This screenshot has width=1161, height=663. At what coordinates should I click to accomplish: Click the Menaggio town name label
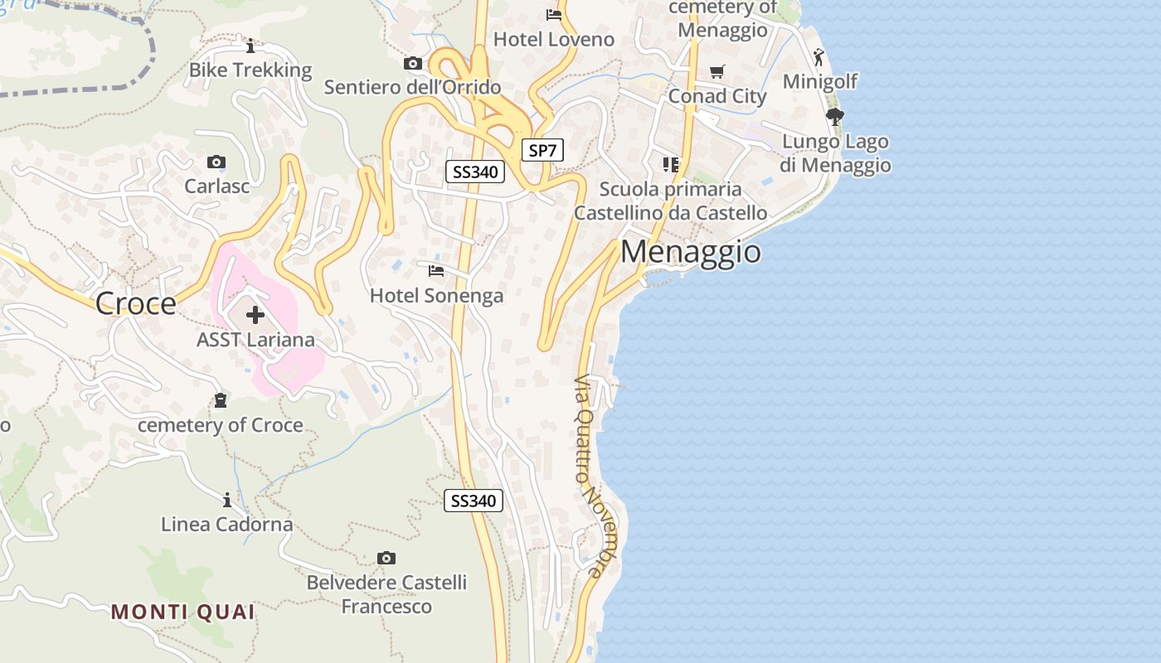[690, 251]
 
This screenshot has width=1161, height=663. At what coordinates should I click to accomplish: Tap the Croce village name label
[136, 303]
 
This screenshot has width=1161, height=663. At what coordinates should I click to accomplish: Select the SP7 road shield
[542, 150]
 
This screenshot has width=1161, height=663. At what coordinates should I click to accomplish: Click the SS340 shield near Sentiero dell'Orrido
[475, 172]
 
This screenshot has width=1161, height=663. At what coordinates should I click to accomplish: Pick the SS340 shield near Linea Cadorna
[474, 501]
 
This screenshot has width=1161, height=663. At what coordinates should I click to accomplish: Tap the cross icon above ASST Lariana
[255, 315]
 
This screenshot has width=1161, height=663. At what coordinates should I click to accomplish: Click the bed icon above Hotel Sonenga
[436, 271]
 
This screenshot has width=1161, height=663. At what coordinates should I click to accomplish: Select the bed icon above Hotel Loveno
[554, 15]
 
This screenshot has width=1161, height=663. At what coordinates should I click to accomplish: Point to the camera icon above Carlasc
[216, 162]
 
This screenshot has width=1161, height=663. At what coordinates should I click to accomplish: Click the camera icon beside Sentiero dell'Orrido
[413, 64]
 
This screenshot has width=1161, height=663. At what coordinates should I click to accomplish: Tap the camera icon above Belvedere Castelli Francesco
[386, 558]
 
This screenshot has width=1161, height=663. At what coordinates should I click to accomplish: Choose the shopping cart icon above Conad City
[717, 72]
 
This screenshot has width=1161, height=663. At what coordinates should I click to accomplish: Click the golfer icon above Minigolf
[819, 57]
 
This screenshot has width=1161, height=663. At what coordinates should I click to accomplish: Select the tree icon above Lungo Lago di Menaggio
[835, 117]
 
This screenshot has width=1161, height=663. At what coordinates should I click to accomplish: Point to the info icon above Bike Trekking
[250, 46]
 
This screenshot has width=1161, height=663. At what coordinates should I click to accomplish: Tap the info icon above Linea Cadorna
[227, 500]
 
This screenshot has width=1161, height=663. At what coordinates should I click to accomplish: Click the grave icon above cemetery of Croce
[221, 401]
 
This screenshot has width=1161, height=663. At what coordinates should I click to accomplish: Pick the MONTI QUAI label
[183, 612]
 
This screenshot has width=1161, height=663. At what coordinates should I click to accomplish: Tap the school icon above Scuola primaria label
[671, 165]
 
